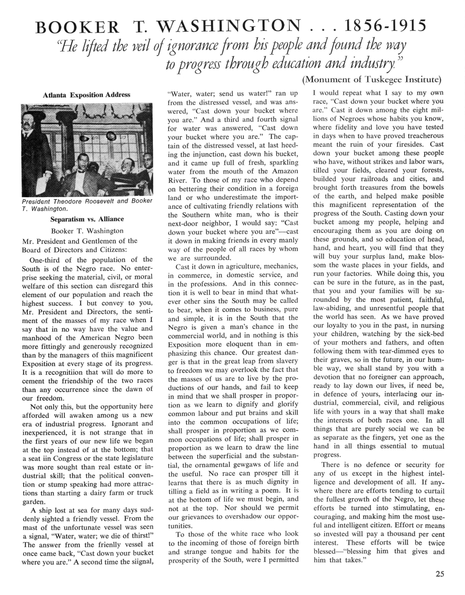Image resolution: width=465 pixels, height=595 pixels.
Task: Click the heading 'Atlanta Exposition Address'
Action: [x=87, y=95]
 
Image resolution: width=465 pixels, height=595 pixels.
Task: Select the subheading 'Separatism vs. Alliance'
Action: [x=87, y=219]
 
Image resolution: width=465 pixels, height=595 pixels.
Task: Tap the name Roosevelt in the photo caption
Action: [x=101, y=201]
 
